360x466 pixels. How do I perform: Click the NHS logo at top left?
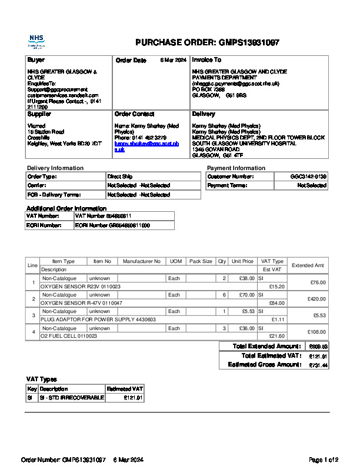(36, 41)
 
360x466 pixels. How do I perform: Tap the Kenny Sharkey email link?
(146, 147)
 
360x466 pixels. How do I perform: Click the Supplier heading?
(39, 114)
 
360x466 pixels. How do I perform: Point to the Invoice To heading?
(206, 60)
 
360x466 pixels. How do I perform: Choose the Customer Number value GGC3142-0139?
(308, 177)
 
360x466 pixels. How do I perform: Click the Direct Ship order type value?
(120, 177)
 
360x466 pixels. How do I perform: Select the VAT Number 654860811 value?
(103, 216)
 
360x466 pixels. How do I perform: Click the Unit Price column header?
(242, 261)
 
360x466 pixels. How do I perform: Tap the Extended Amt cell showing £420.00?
(317, 299)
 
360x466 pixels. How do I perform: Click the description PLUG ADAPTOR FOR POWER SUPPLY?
(98, 319)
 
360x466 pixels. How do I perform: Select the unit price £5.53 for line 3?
(248, 311)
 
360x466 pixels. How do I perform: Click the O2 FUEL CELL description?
(71, 336)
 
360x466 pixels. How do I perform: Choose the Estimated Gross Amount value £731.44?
(318, 365)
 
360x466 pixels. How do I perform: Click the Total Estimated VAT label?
(271, 356)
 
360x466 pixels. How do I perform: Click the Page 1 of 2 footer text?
(324, 460)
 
